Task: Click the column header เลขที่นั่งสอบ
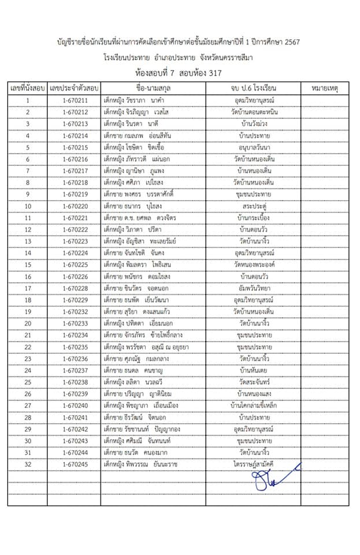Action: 27,88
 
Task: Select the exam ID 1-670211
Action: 75,101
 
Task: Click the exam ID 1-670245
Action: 75,464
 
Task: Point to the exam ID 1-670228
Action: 75,288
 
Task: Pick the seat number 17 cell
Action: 27,288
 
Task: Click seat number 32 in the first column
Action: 27,464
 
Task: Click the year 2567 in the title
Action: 289,42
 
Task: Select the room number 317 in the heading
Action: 213,73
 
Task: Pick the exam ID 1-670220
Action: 75,206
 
